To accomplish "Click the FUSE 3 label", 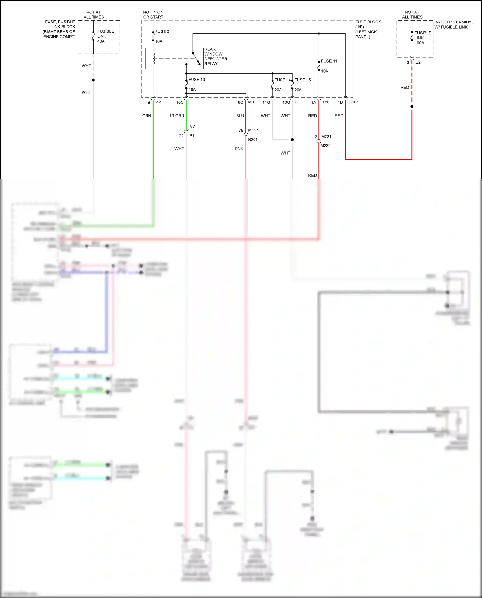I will [162, 31].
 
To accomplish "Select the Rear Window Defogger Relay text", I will [215, 57].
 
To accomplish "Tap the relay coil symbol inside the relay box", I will [154, 58].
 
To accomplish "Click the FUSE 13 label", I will [196, 80].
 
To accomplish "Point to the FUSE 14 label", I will [282, 80].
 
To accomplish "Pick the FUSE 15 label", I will [302, 80].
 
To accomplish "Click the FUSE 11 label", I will [329, 61].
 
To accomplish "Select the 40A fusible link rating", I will [101, 41].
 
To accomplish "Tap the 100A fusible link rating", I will [419, 43].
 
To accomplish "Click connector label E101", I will [354, 102].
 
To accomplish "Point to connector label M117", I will [253, 130].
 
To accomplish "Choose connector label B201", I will [253, 140].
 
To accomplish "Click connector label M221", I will [326, 137].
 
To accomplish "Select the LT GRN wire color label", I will [177, 116].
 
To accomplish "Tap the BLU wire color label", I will [240, 116].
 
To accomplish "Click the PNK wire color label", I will [239, 149].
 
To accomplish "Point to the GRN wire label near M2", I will [147, 116].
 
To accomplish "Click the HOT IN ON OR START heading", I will [153, 15].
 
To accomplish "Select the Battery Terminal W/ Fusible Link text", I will [453, 24].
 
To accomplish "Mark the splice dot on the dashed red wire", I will [412, 107].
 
